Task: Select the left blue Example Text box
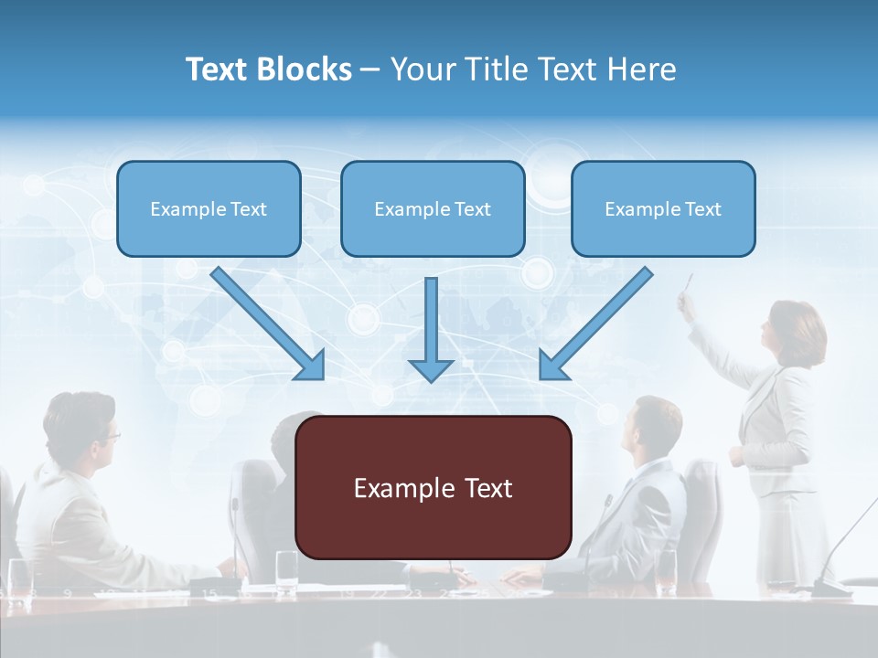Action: (209, 208)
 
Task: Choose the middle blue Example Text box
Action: (433, 208)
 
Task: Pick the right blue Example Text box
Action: (663, 208)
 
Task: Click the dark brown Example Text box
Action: (434, 487)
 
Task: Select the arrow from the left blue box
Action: (269, 324)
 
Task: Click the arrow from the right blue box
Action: (595, 324)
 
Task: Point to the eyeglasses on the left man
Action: (110, 435)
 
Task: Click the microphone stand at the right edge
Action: (837, 557)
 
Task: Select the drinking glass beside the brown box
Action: (286, 567)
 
